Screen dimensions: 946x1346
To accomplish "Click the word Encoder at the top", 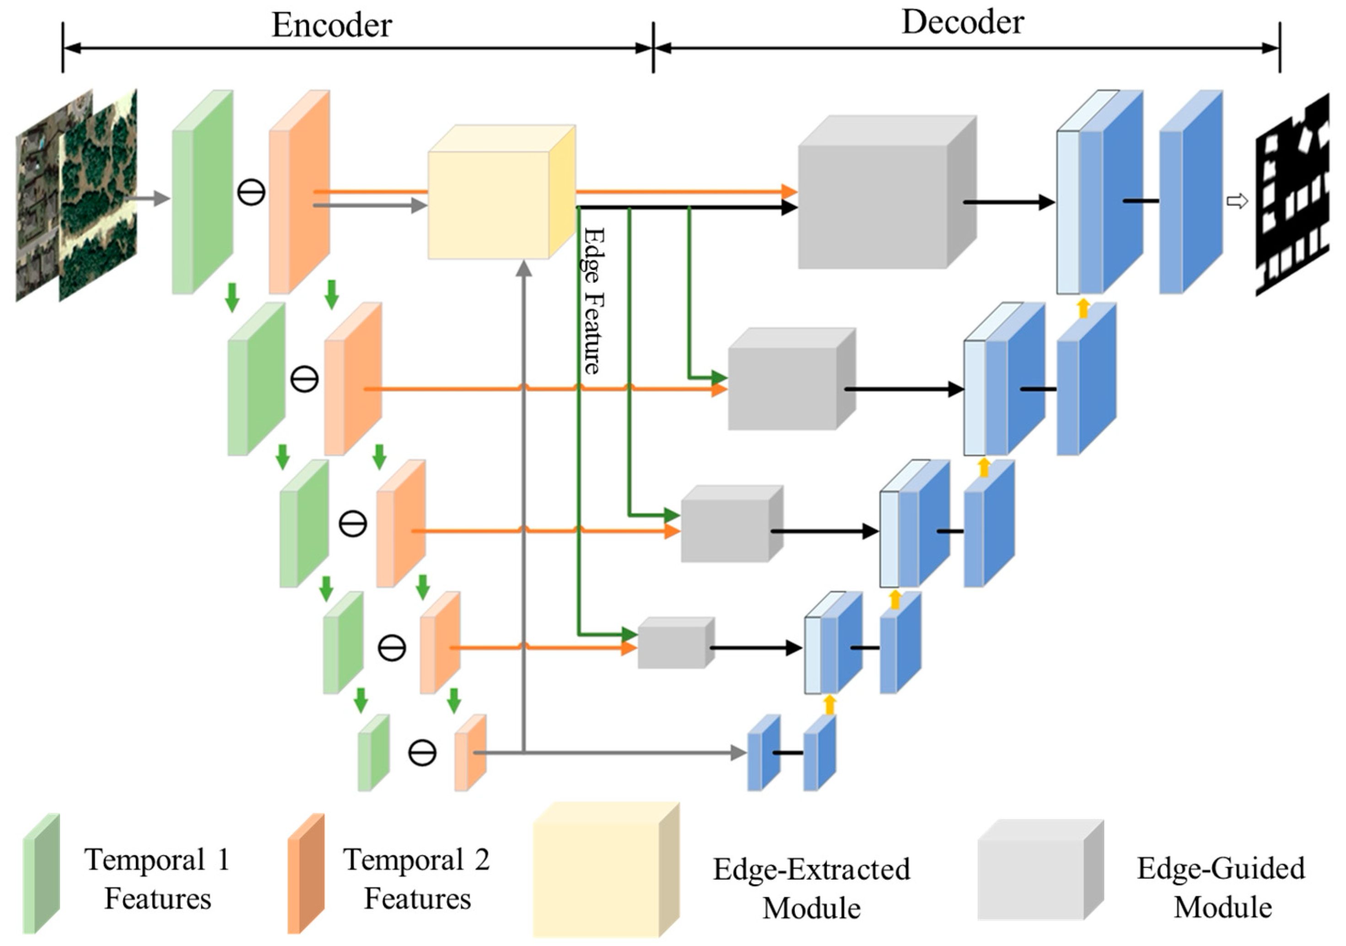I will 331,25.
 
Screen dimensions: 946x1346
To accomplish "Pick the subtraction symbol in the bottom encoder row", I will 422,752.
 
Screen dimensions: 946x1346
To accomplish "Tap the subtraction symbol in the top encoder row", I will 251,192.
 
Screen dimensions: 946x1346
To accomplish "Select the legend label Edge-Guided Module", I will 1221,887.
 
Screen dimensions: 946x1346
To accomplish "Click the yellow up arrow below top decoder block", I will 1083,308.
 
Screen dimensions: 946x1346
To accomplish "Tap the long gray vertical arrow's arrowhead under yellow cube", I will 525,269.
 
